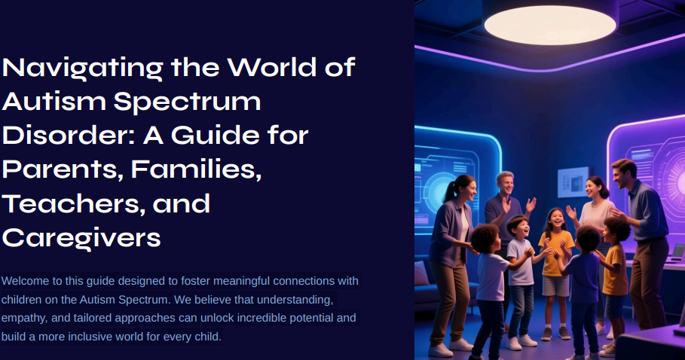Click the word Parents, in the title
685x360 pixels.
61,169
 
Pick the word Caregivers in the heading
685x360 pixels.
81,237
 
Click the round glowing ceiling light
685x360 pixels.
549,25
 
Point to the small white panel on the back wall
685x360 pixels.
570,181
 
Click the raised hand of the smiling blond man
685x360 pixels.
531,204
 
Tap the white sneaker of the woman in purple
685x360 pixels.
440,349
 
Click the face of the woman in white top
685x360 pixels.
595,189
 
